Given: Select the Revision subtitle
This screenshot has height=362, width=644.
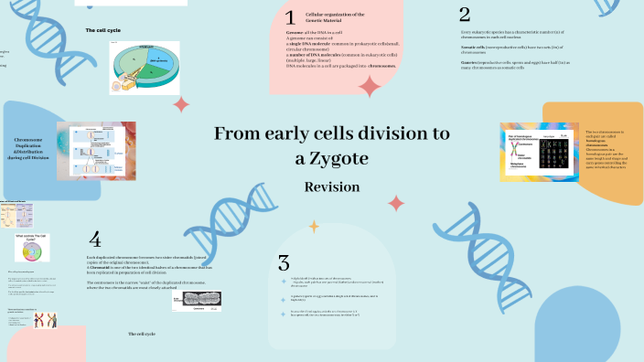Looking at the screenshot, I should tap(332, 186).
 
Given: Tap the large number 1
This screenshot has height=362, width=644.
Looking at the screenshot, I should tap(290, 17).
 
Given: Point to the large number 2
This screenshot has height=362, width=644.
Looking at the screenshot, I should tap(465, 14).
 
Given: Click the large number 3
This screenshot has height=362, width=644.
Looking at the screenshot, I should tap(284, 262).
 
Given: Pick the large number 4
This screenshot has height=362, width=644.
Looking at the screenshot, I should tap(94, 240).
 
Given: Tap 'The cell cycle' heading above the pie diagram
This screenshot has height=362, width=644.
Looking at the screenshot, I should tap(103, 30).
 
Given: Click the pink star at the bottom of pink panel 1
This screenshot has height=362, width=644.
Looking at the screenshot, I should tap(370, 86).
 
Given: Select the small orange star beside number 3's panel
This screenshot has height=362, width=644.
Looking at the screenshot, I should tap(314, 225).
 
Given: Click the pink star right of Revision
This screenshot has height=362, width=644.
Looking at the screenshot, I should tap(396, 202).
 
